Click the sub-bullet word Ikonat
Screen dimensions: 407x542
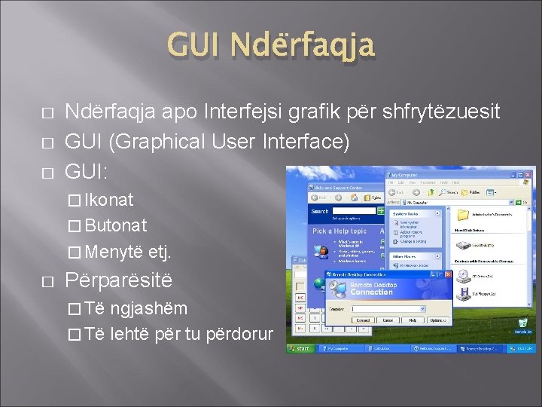[109, 200]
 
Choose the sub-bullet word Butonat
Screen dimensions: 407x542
[116, 225]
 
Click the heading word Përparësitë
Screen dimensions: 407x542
[119, 280]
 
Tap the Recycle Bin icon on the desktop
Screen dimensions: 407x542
[522, 323]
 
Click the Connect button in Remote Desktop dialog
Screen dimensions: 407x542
[364, 320]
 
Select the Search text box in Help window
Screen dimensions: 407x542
[353, 211]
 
